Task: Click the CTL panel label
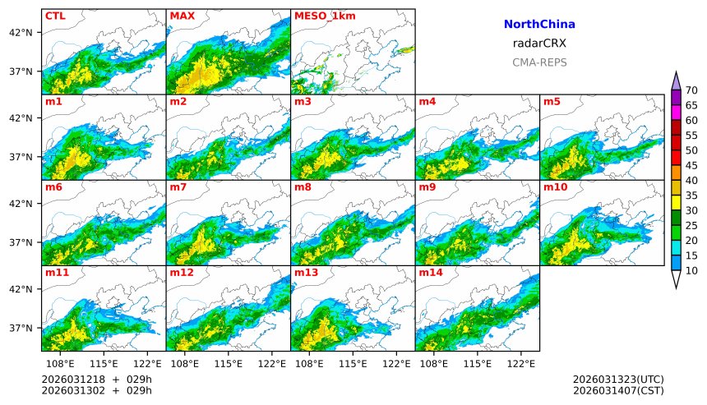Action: pos(54,16)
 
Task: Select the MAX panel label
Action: pos(181,16)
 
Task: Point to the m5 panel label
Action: pos(551,102)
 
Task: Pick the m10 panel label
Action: pos(555,187)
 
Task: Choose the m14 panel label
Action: pos(431,273)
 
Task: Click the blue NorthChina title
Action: pos(539,25)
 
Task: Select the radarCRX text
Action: pos(539,44)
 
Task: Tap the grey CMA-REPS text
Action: pos(539,62)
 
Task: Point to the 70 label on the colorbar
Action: pos(691,90)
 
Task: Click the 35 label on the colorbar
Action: pos(691,196)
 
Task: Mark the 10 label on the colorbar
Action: pos(691,270)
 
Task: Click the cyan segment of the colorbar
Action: pos(677,247)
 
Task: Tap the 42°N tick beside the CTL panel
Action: pos(21,32)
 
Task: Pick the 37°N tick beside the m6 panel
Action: pos(21,242)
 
